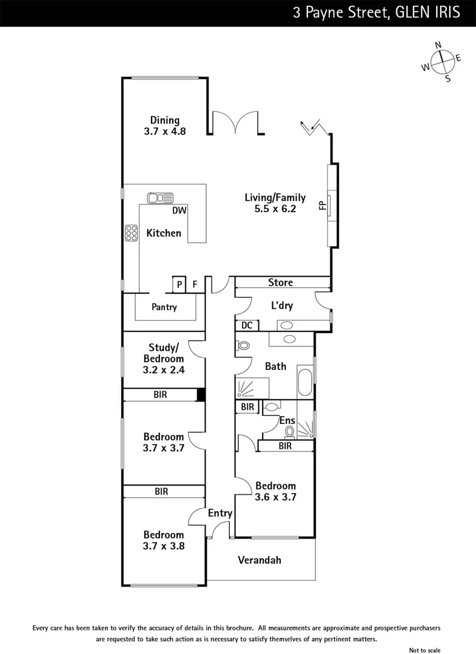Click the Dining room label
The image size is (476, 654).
(x=165, y=120)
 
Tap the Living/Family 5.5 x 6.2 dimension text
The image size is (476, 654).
(x=275, y=209)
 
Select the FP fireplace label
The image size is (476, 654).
(x=322, y=205)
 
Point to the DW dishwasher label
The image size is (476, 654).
(x=179, y=211)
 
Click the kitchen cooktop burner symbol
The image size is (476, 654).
(x=131, y=233)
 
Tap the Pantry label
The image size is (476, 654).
(x=164, y=307)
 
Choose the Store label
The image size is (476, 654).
(x=280, y=283)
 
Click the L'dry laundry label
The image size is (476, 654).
(x=282, y=305)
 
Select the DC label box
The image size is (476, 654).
(x=247, y=325)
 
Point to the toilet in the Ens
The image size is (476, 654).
(x=290, y=432)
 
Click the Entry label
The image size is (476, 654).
(x=220, y=513)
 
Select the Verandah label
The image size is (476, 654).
(x=260, y=560)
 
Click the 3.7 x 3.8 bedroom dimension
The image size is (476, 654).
(x=164, y=546)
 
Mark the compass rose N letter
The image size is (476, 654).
(x=438, y=45)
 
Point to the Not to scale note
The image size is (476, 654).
(x=425, y=650)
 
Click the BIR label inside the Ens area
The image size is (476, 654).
(x=247, y=407)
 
